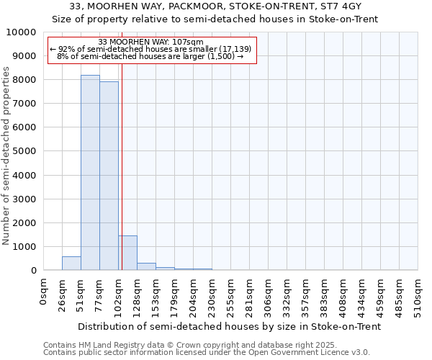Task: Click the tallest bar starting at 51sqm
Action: [x=90, y=173]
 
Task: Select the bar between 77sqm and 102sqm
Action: [x=109, y=176]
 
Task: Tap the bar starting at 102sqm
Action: [x=127, y=253]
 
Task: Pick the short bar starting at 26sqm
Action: [x=71, y=264]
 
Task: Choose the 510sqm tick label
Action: [x=418, y=294]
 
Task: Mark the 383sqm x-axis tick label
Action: [x=324, y=294]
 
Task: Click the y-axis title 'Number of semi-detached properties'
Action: [x=6, y=156]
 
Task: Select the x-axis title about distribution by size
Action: [x=229, y=326]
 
